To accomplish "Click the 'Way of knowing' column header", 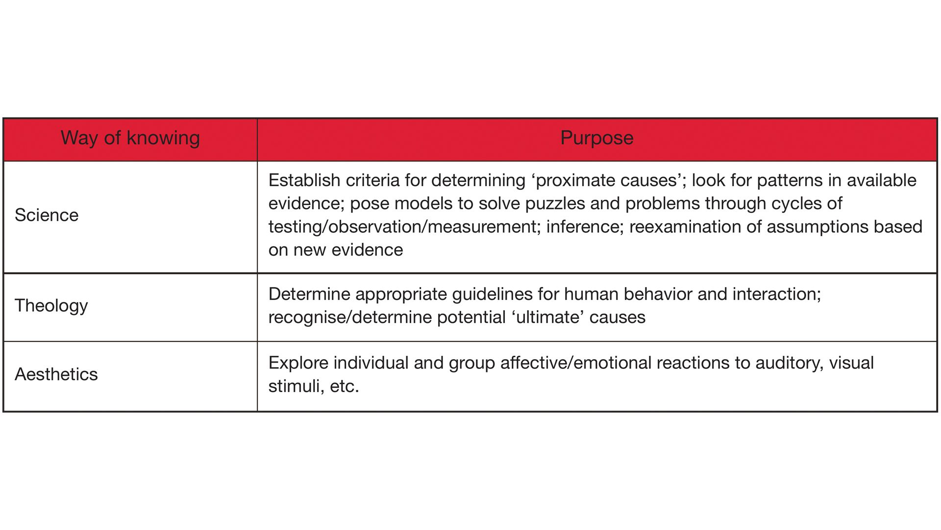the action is click(x=130, y=138).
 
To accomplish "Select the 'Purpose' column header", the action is click(x=596, y=138).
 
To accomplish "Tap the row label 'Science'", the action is click(x=47, y=215).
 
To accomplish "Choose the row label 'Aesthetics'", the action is click(x=56, y=374).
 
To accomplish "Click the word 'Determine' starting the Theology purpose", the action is click(x=309, y=294).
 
